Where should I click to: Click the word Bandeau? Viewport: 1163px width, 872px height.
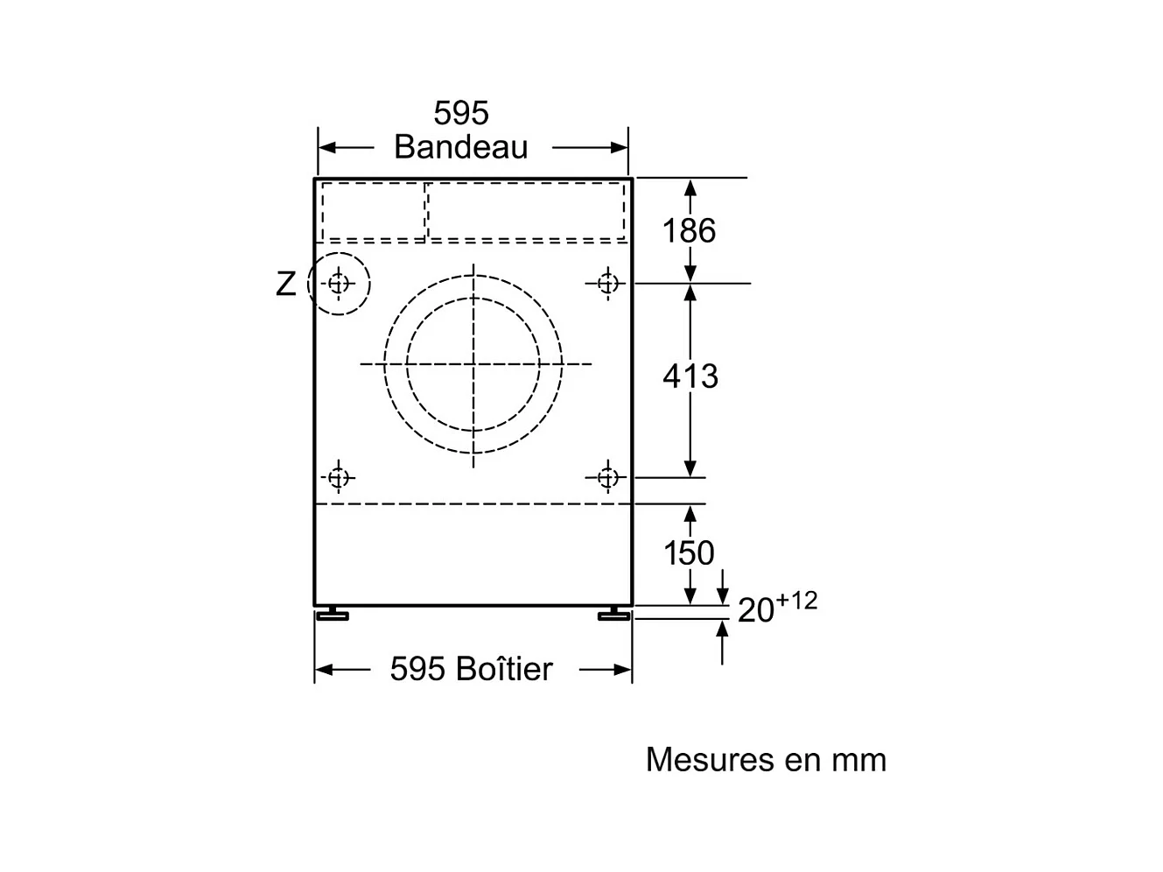click(460, 147)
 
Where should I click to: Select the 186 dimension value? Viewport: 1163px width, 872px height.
click(689, 230)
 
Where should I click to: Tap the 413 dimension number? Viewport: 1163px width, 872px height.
click(690, 376)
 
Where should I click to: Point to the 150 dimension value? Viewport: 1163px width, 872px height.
click(689, 553)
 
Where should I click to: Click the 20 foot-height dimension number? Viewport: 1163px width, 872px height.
click(755, 610)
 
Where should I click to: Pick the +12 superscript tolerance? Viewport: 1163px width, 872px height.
click(796, 601)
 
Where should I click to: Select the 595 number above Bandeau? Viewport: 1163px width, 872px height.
click(461, 113)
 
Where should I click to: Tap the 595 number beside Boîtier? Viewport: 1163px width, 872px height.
click(417, 669)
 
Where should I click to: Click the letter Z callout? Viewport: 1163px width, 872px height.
click(286, 284)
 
